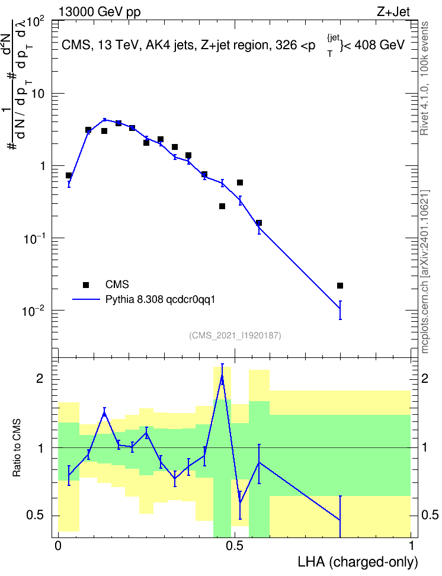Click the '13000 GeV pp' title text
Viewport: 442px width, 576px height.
(99, 12)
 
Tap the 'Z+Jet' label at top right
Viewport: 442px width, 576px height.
(393, 12)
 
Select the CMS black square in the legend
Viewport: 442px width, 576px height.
(86, 284)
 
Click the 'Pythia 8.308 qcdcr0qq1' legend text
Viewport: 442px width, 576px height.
(160, 300)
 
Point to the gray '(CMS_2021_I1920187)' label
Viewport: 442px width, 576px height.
(235, 335)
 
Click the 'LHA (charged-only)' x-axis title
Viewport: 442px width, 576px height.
(358, 562)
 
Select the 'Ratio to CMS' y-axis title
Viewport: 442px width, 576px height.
(17, 448)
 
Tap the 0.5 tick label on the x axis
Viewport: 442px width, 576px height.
(235, 546)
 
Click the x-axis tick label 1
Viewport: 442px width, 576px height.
(411, 546)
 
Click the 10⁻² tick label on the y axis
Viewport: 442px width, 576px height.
(34, 311)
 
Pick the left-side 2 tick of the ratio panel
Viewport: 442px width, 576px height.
(40, 378)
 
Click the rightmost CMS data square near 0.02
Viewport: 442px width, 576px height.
(340, 286)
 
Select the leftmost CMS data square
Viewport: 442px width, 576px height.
(69, 175)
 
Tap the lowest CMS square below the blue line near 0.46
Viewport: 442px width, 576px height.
(222, 206)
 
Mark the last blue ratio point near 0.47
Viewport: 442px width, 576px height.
(340, 520)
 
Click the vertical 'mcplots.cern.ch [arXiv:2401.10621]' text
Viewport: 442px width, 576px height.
(425, 271)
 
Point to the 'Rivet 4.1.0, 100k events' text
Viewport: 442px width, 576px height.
(424, 79)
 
